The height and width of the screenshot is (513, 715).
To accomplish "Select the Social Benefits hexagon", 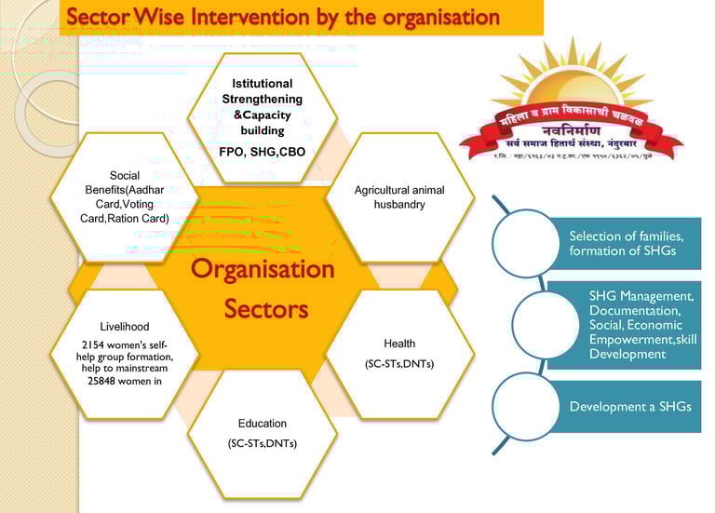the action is [x=125, y=196].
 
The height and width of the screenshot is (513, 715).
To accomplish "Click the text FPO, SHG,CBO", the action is [x=262, y=151].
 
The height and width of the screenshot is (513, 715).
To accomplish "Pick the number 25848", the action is [x=100, y=381].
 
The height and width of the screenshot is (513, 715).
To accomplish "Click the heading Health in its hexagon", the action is [x=399, y=344].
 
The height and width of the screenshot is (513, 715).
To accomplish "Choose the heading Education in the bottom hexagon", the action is [x=262, y=423].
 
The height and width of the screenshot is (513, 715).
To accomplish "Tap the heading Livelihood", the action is [x=125, y=327].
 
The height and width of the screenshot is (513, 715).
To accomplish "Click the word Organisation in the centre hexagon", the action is [x=263, y=269].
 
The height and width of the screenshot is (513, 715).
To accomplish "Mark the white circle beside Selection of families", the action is [x=526, y=242].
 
